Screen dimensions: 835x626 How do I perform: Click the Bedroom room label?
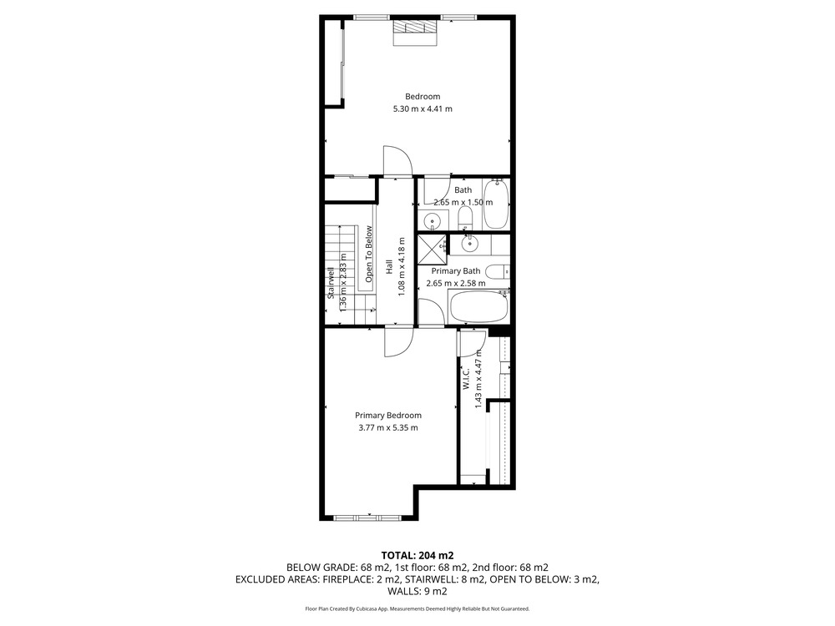(x=423, y=96)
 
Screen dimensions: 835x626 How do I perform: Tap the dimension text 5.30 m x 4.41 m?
(x=423, y=109)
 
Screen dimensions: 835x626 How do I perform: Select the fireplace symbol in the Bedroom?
(x=415, y=33)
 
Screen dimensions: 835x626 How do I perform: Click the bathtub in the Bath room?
(x=496, y=204)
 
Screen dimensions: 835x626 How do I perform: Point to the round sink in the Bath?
(x=432, y=220)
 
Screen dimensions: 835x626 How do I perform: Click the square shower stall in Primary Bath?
(x=432, y=249)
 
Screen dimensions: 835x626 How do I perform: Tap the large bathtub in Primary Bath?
(x=479, y=306)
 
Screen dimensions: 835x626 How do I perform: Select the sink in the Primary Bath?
(x=469, y=244)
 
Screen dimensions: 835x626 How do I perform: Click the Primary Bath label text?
(x=456, y=271)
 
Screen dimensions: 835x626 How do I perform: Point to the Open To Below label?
(x=368, y=255)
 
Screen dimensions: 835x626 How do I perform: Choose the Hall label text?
(x=389, y=267)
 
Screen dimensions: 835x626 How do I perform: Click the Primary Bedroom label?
(x=388, y=415)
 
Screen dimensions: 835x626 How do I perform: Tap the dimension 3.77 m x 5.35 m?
(x=388, y=427)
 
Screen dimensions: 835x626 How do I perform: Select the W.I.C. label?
(x=465, y=378)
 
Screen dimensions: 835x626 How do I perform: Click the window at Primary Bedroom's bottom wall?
(x=367, y=517)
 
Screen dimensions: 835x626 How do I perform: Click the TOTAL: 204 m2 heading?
(x=417, y=556)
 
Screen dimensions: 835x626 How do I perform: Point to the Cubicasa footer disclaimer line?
(x=417, y=608)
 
